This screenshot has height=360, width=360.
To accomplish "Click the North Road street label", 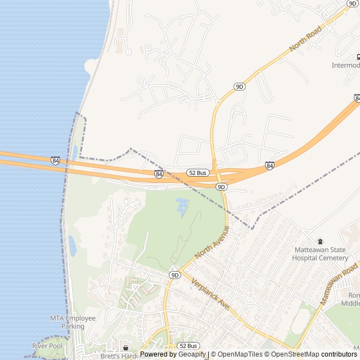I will click(x=305, y=39).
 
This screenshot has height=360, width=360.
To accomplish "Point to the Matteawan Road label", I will click(x=339, y=283).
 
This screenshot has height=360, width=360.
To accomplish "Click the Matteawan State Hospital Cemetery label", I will click(x=320, y=254).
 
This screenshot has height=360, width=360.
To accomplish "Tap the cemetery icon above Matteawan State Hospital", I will click(x=321, y=241).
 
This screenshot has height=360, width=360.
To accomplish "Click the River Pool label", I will click(x=47, y=345).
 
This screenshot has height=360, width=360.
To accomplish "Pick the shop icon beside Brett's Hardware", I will click(x=125, y=349).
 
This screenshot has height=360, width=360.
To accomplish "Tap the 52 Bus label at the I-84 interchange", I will click(x=199, y=173).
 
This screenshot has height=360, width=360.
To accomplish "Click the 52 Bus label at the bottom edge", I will click(x=188, y=345).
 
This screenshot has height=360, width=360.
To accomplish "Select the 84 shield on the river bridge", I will click(x=55, y=161).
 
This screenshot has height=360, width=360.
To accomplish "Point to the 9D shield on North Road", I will click(x=240, y=87).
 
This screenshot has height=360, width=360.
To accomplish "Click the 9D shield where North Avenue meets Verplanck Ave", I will click(x=174, y=275).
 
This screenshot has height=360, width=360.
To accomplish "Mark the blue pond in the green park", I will click(x=182, y=207).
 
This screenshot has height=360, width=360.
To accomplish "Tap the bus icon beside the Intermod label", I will click(x=358, y=57).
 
